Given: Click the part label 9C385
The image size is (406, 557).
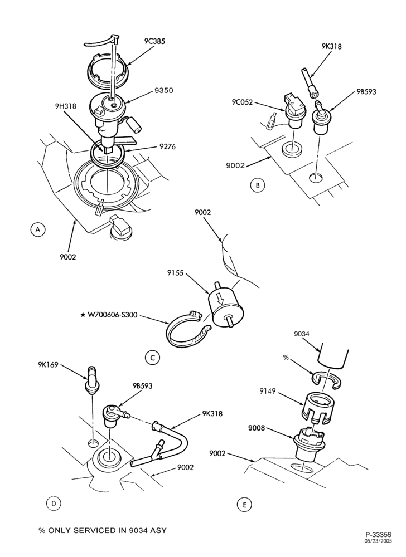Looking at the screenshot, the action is pos(154,41).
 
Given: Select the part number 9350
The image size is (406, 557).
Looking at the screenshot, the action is pos(164,91).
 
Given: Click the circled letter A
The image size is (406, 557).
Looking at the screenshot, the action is pos(38,229).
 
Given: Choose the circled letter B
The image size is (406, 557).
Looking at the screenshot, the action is pos(258,185).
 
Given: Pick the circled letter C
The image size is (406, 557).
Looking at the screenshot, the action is pos(152,358).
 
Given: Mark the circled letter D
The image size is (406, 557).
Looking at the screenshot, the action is pos(54,504).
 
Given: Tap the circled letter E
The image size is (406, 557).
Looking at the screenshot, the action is pos(244,505).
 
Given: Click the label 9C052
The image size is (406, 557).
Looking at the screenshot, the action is pos(242,102).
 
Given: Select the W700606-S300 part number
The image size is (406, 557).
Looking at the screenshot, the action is pos(109,315).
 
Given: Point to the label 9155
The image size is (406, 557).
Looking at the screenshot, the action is pos(176,273).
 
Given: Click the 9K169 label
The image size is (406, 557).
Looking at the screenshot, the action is pos(49,365).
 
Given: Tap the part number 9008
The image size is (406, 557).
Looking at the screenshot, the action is pos(257,428).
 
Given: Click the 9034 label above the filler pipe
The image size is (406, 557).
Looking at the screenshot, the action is pos(302,334).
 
